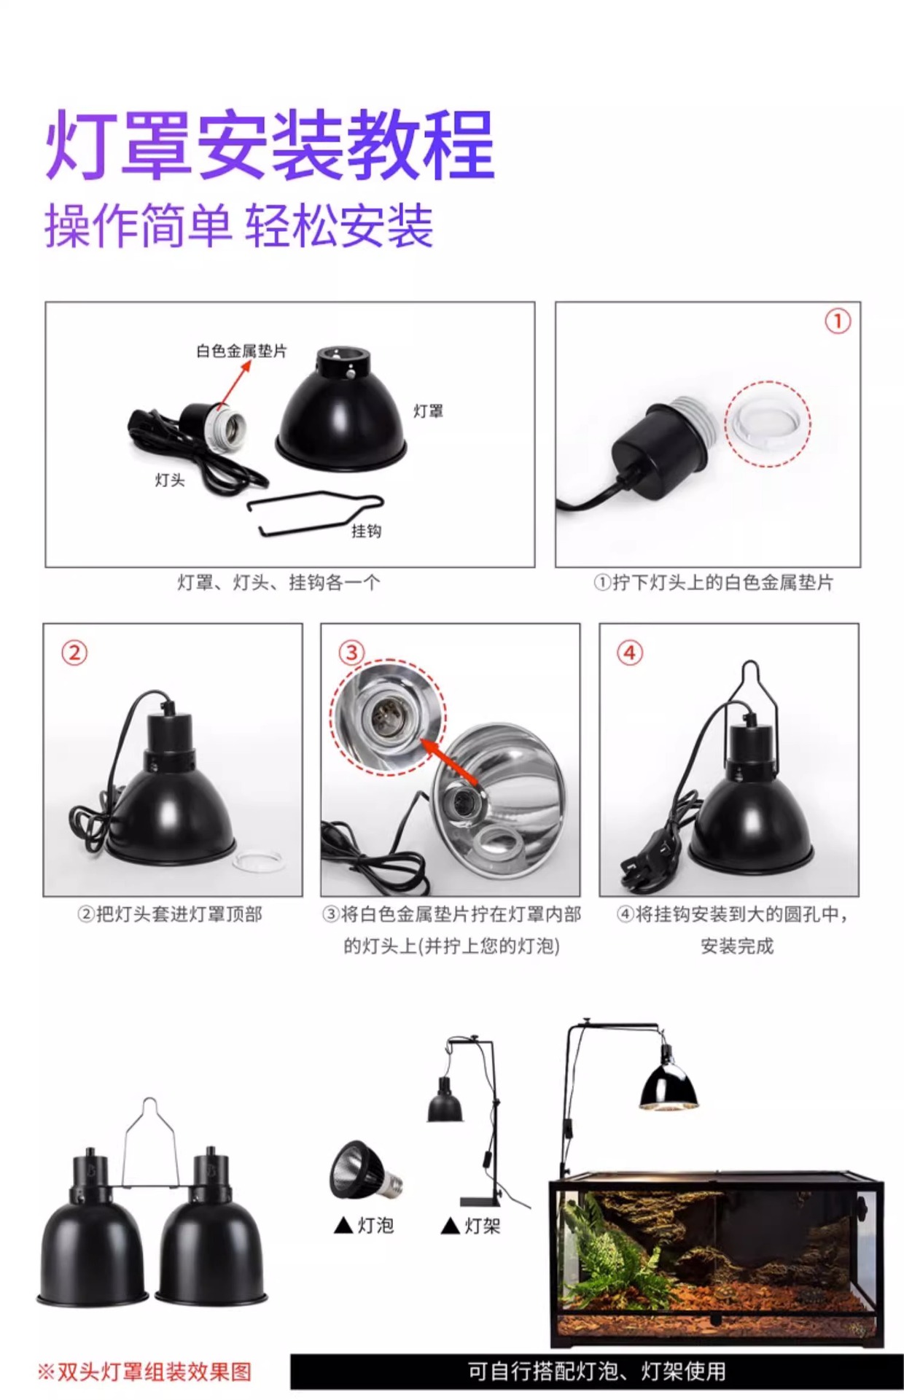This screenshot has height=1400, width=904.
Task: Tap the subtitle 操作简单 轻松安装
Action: (239, 225)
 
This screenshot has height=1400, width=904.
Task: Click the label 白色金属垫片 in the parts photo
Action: (241, 351)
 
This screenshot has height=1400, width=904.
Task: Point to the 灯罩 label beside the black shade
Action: (428, 411)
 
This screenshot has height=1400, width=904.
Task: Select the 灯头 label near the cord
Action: (170, 480)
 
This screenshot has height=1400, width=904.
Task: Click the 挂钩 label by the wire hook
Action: (366, 531)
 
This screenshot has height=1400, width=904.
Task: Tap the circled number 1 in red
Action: (838, 321)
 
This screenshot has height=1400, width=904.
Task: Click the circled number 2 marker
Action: (74, 652)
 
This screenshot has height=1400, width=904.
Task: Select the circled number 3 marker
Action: (351, 652)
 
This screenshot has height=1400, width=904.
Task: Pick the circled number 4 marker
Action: (630, 652)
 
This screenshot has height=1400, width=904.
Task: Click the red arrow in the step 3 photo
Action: (450, 763)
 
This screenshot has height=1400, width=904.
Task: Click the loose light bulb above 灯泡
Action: (365, 1171)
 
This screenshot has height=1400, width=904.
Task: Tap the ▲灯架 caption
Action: (471, 1226)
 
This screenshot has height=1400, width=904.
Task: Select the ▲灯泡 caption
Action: (364, 1226)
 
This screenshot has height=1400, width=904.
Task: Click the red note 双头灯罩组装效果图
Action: (144, 1372)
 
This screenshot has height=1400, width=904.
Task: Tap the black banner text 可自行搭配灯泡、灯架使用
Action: (596, 1372)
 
